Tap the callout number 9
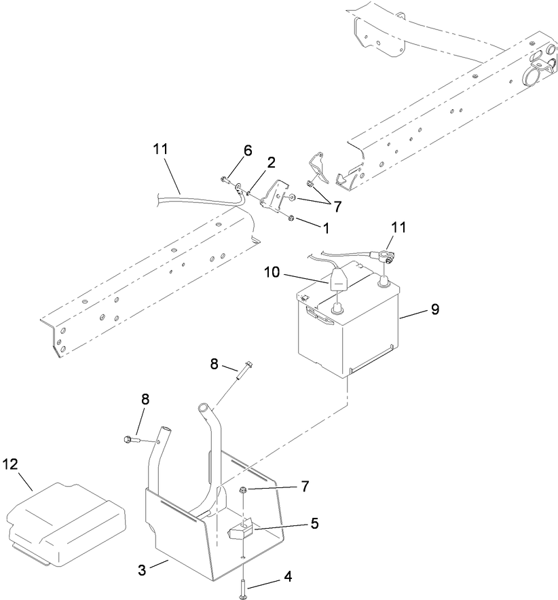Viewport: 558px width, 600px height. coord(434,309)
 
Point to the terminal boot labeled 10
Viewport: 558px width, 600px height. coord(337,279)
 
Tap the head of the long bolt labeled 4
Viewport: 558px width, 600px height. coord(243,595)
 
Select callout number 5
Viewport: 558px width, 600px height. coord(314,523)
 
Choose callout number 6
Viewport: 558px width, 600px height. coord(248,151)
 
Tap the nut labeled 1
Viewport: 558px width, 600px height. coord(290,218)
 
